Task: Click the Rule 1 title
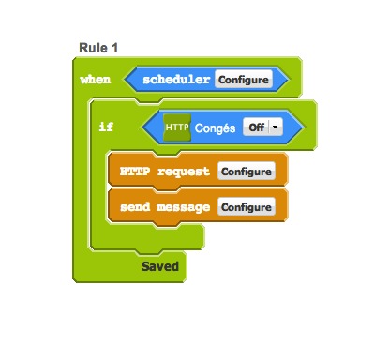tap(98, 48)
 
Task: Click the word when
tap(96, 80)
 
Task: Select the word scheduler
tap(176, 80)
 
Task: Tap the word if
tap(106, 127)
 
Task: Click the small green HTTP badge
tap(177, 127)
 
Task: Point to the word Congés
tap(215, 127)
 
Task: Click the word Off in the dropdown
tap(257, 127)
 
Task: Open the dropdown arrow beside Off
tap(276, 127)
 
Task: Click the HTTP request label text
tap(165, 172)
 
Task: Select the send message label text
tap(165, 207)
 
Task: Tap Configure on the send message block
tap(247, 206)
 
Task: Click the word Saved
tap(160, 266)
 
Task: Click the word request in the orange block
tap(184, 172)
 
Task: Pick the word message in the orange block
tap(184, 207)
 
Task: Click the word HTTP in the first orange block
tap(135, 171)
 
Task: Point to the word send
tap(135, 206)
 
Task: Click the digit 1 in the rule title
tap(115, 48)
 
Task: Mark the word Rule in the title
tap(93, 48)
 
